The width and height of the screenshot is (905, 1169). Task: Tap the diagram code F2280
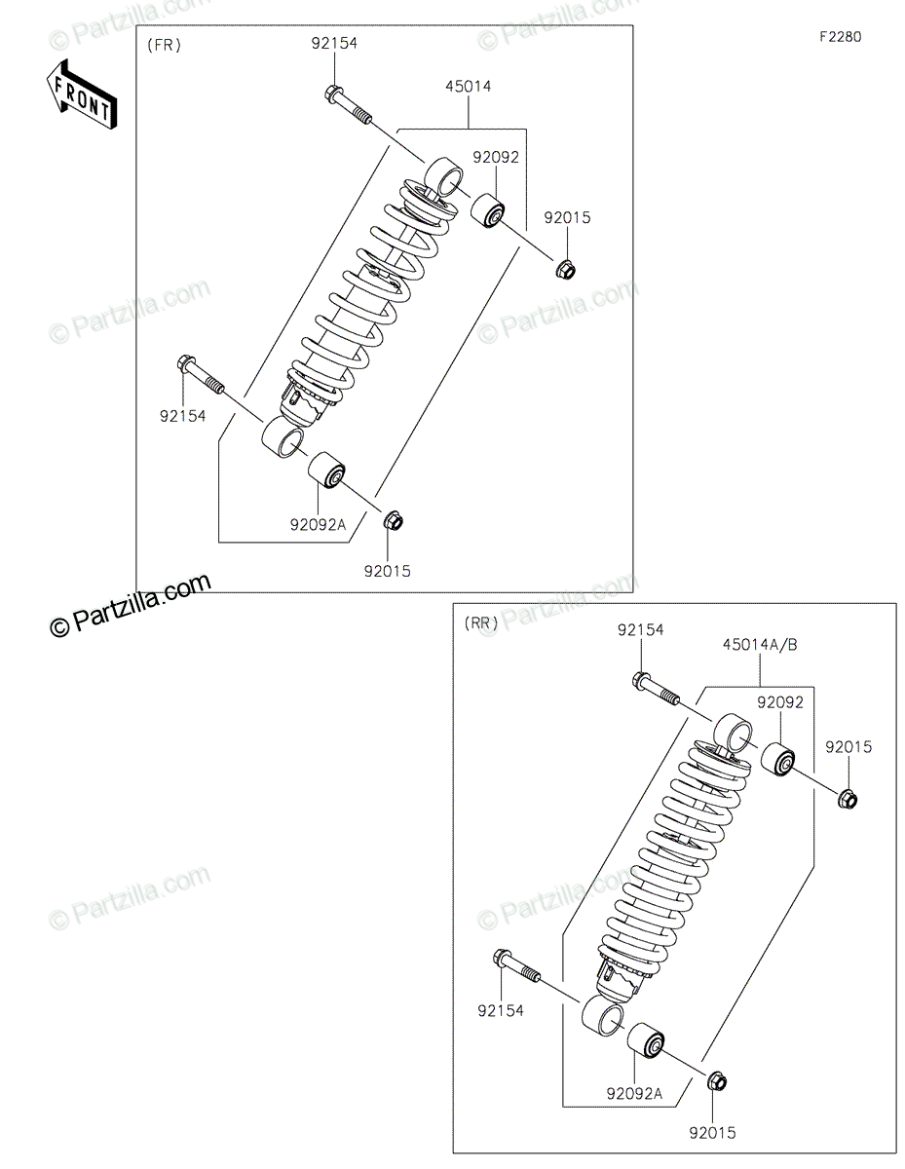point(841,37)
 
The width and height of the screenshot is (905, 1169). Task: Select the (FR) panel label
point(164,45)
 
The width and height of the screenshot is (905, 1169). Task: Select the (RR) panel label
point(481,622)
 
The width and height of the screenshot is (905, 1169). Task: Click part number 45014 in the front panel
point(468,86)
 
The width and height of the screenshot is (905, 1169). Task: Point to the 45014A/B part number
point(760,645)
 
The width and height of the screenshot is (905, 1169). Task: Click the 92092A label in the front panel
point(318,524)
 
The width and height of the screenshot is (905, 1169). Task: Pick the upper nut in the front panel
point(565,268)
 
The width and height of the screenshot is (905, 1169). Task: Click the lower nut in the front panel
point(394,520)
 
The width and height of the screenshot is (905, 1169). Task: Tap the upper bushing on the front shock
point(487,209)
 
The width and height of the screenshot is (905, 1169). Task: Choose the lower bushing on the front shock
point(326,470)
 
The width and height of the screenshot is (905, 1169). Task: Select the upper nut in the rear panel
point(847,799)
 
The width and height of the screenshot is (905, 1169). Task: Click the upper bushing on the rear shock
point(777,759)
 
